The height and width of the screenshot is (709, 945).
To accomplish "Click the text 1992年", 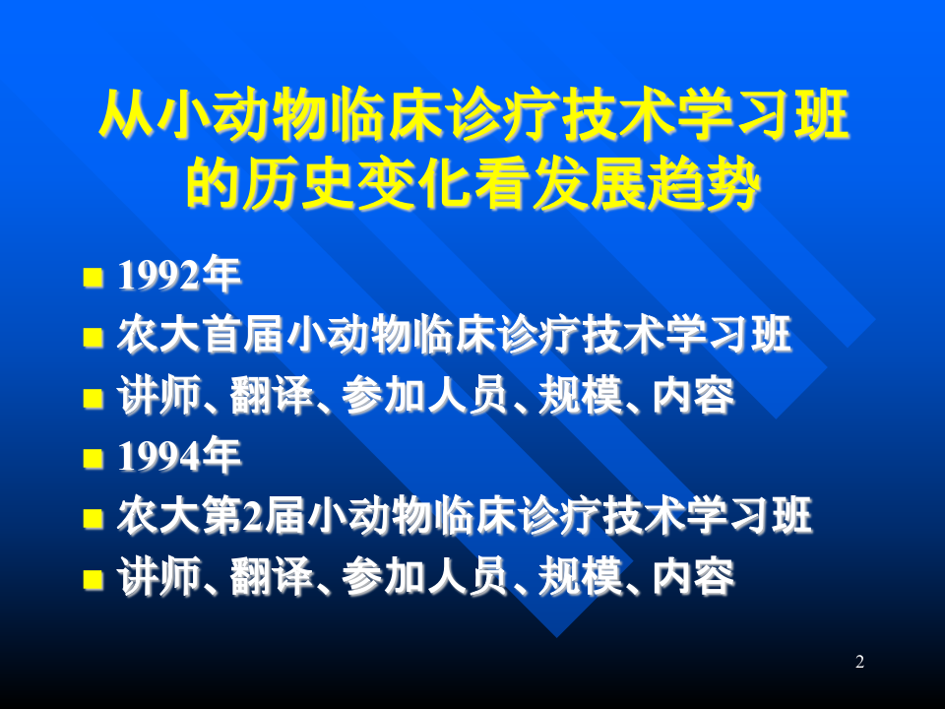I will click(178, 277).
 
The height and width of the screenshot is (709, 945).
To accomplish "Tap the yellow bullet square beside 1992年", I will click(93, 278).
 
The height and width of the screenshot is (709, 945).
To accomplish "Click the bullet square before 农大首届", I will click(93, 338).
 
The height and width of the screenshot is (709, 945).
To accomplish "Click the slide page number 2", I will click(859, 662).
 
